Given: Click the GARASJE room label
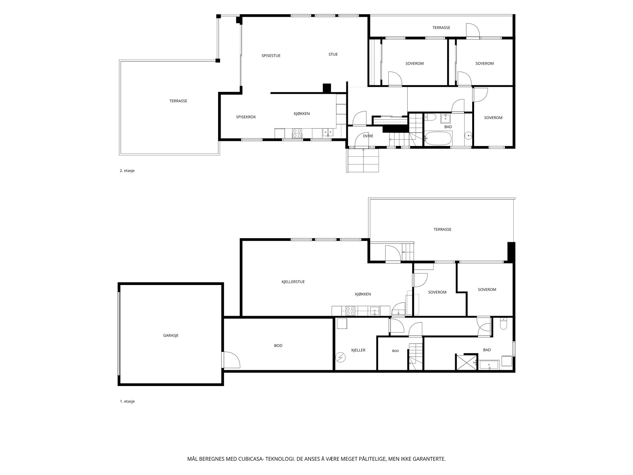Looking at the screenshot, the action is [171, 335].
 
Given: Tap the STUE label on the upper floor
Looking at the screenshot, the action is [333, 54].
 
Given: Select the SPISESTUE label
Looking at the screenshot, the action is [271, 56].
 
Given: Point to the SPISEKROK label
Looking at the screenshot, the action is [246, 117].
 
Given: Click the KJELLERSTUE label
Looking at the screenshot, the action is [293, 282].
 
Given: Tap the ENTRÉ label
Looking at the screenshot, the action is [368, 136].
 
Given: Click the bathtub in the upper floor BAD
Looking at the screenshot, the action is [439, 138].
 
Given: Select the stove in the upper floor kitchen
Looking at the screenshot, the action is [297, 133].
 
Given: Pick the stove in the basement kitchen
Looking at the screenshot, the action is [350, 311].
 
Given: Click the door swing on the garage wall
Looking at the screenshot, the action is [231, 360].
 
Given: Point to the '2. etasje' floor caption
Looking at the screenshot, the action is [127, 171].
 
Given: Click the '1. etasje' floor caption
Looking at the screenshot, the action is [127, 401].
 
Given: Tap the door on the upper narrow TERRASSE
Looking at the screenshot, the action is [473, 31].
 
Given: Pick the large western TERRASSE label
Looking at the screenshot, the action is [178, 101].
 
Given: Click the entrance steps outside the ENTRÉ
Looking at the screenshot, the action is [363, 160].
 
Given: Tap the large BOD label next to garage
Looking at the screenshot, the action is [278, 345].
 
